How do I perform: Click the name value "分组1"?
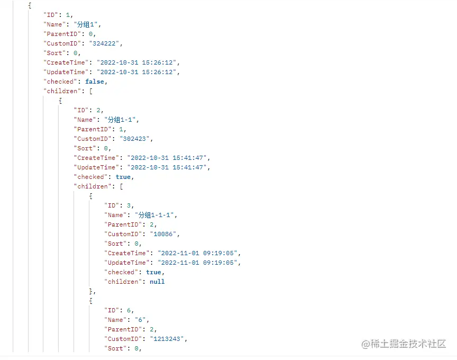pyautogui.click(x=90, y=24)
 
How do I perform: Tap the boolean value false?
pyautogui.click(x=96, y=82)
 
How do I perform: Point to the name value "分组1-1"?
pyautogui.click(x=123, y=120)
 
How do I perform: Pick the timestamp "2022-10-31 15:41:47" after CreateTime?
pyautogui.click(x=165, y=158)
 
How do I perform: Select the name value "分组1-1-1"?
pyautogui.click(x=157, y=215)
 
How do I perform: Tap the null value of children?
pyautogui.click(x=157, y=282)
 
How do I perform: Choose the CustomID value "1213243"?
pyautogui.click(x=169, y=339)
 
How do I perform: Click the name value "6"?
pyautogui.click(x=144, y=320)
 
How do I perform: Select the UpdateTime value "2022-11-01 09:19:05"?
pyautogui.click(x=195, y=263)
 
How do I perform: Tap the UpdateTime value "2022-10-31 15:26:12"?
pyautogui.click(x=134, y=72)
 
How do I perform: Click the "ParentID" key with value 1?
pyautogui.click(x=93, y=129)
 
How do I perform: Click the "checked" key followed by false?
pyautogui.click(x=61, y=82)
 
